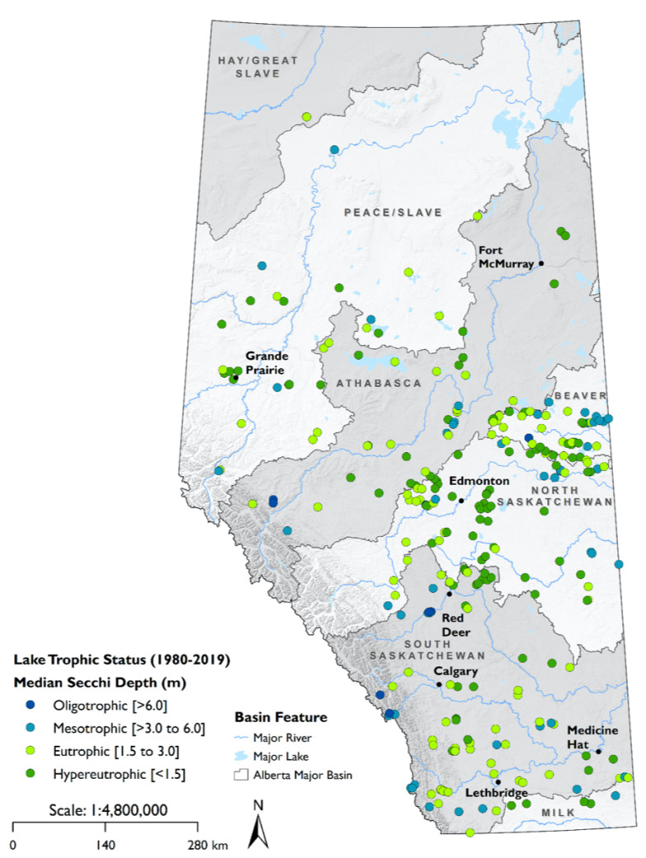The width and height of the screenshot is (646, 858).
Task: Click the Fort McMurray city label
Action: point(502,257)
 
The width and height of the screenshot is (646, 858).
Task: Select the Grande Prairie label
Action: point(265,363)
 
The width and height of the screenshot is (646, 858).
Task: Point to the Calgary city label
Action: point(457,671)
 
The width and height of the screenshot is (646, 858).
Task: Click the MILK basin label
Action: point(557,813)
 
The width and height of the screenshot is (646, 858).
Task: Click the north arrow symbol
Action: point(259,826)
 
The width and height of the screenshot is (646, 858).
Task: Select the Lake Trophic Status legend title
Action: point(121,660)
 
